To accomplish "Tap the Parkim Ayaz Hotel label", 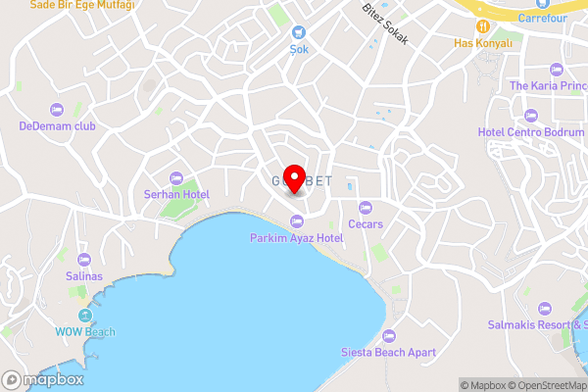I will [296, 238].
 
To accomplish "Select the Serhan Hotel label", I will [176, 195].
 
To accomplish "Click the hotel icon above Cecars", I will [366, 207].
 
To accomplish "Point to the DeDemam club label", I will [56, 125].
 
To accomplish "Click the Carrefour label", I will [542, 18].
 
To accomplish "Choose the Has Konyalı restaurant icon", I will [484, 25].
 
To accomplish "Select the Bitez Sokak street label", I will [384, 23].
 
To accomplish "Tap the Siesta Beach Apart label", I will [388, 352].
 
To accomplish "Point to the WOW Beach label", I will [85, 332].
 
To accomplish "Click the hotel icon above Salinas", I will [83, 260].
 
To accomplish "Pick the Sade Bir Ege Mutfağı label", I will [82, 5].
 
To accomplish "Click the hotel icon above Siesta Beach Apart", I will [389, 335].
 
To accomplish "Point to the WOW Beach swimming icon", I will [85, 316].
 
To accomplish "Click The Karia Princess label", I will [548, 85].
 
